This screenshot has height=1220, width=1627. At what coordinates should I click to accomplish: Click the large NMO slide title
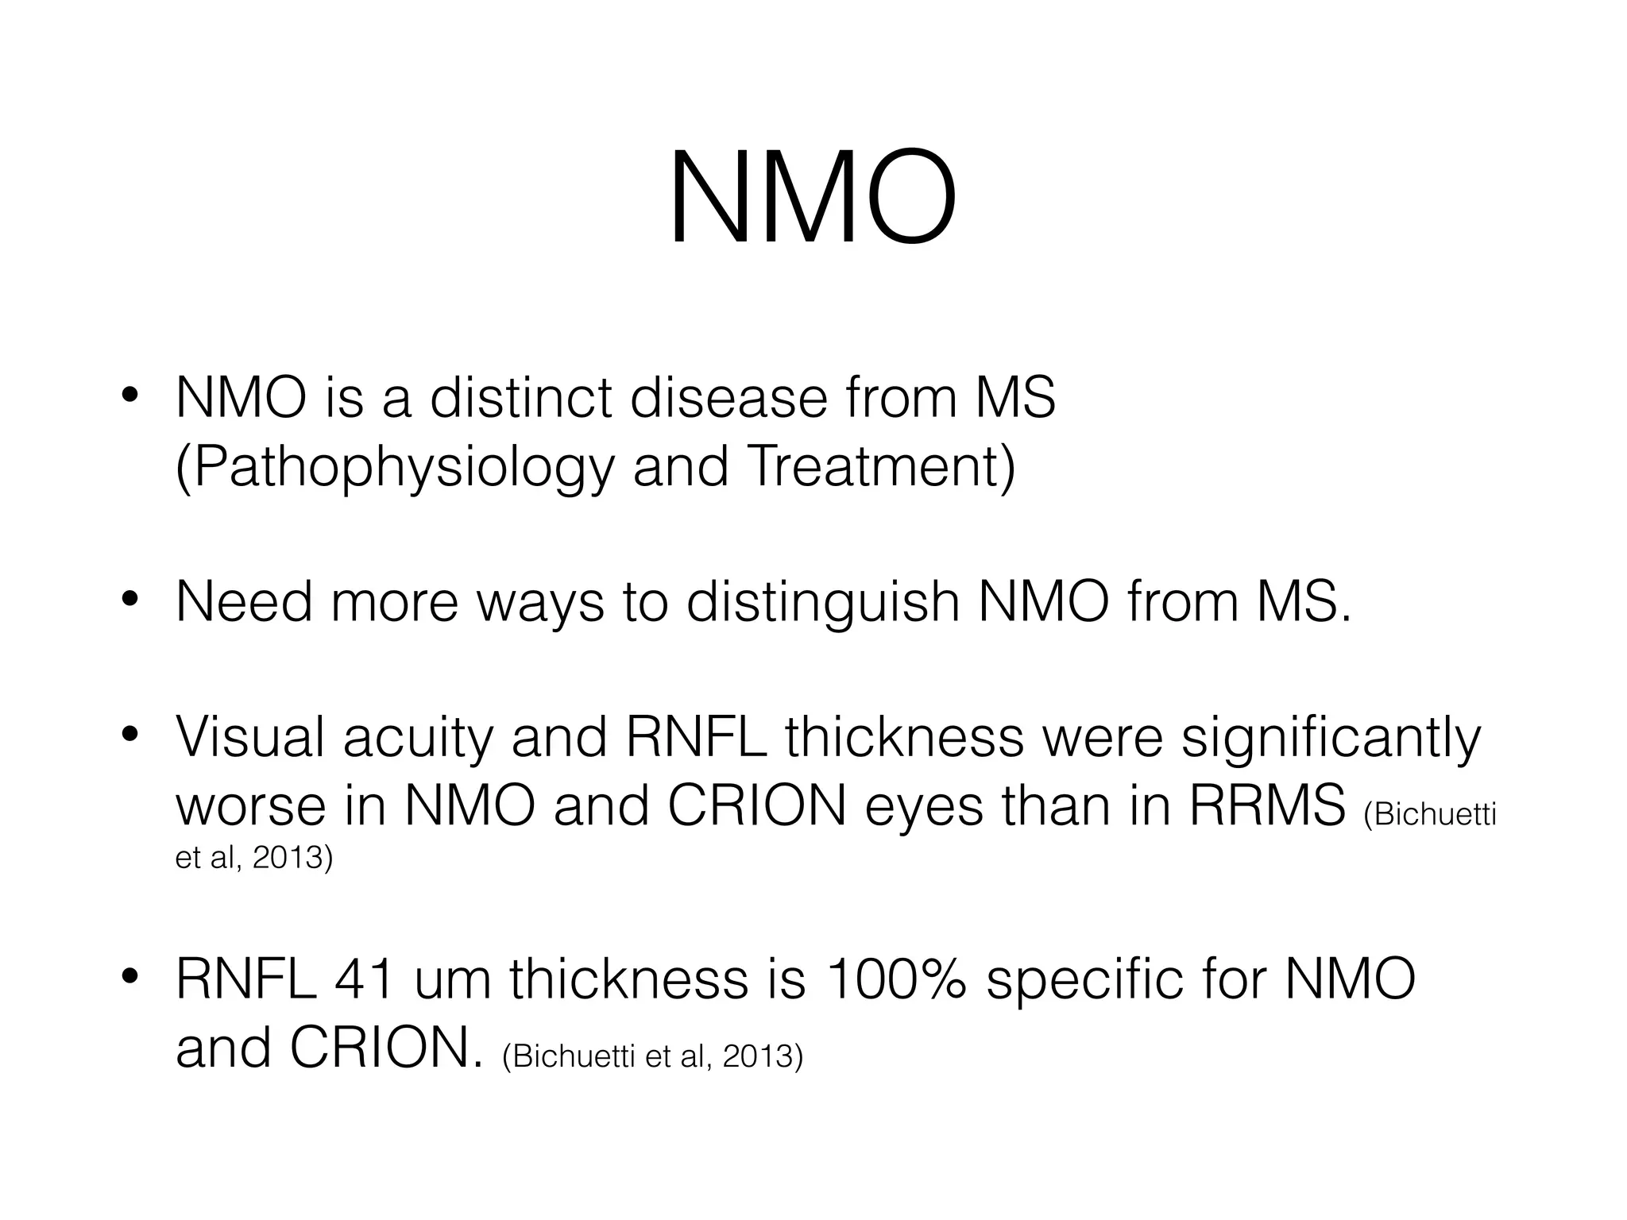[x=813, y=199]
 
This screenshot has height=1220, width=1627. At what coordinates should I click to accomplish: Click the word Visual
[x=250, y=737]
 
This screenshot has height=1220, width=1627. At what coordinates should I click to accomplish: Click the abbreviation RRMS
[x=1266, y=805]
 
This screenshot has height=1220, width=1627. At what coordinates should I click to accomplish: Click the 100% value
[x=896, y=979]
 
